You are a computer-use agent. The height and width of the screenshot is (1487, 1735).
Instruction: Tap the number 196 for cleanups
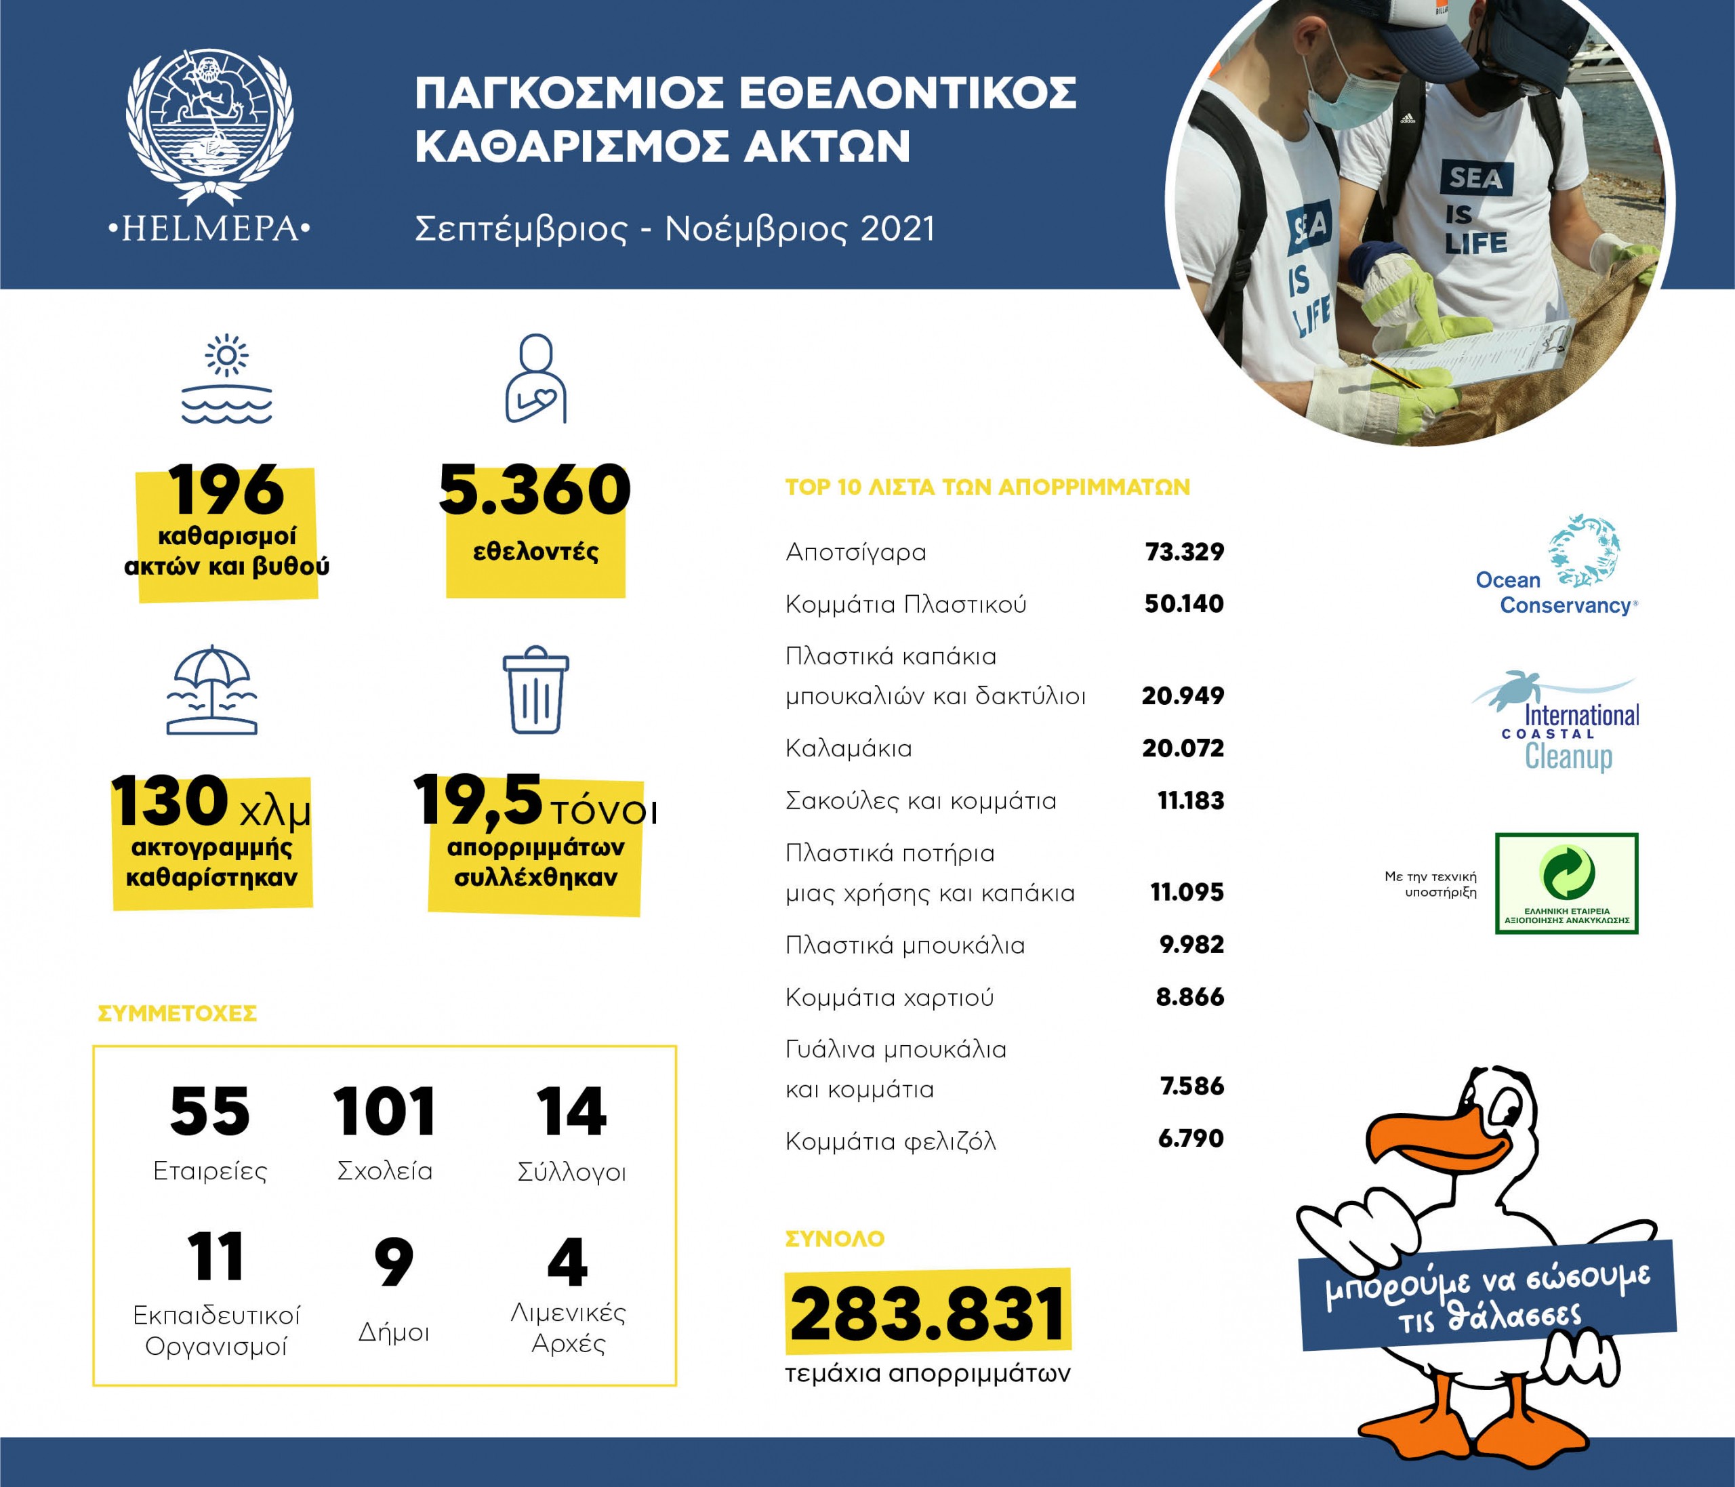point(227,491)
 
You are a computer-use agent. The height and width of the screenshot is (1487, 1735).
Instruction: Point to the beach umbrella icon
point(212,690)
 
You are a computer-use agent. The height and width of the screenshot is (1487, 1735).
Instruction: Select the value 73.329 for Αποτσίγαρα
point(1184,552)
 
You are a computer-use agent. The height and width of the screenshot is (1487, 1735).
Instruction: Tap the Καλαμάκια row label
point(849,748)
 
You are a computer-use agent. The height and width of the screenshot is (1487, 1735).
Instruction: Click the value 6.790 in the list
point(1191,1139)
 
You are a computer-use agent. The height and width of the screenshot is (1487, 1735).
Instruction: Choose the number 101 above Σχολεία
point(384,1112)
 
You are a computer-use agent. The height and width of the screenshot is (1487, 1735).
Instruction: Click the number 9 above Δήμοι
point(394,1262)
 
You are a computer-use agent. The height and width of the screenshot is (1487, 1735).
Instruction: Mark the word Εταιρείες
point(210,1171)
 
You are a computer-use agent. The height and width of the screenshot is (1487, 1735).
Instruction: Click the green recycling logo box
point(1566,883)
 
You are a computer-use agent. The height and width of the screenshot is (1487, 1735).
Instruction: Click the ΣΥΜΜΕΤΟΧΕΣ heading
point(178,1014)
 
